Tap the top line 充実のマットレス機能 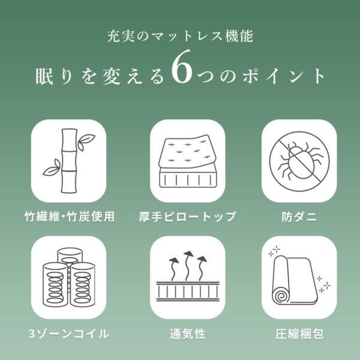coord(180,36)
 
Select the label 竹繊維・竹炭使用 coord(69,216)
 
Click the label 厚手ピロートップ coord(187,216)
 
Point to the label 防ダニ coord(299,216)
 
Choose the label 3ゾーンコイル coord(69,334)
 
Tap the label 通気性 coord(187,334)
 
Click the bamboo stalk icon coord(69,160)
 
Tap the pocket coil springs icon coord(69,278)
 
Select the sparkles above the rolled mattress coord(275,251)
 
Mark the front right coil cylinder coord(83,285)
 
